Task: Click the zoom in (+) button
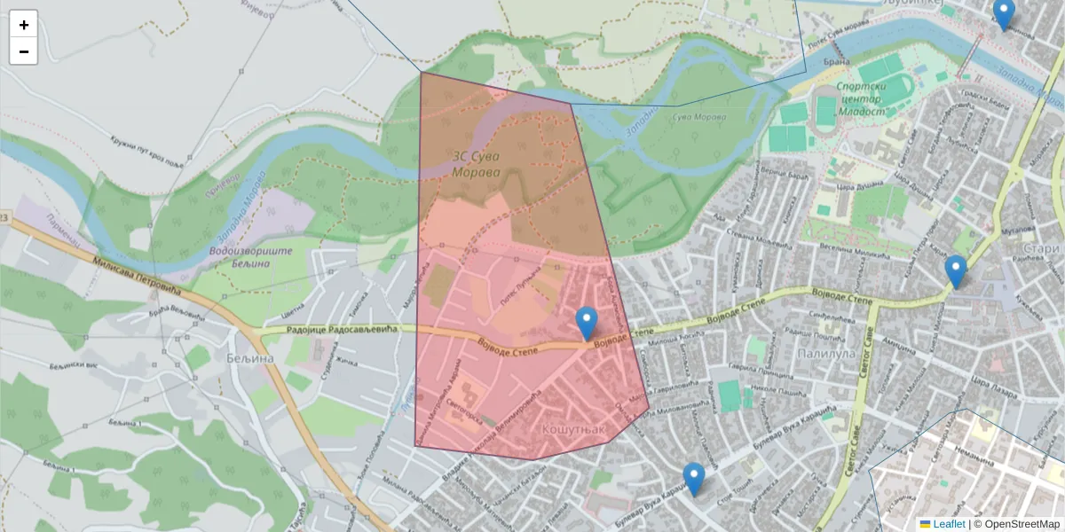(x=24, y=25)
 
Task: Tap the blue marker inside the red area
(x=586, y=323)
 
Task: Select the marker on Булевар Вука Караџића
(x=693, y=479)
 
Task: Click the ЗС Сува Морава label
(x=476, y=164)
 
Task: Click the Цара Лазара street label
(x=991, y=383)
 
